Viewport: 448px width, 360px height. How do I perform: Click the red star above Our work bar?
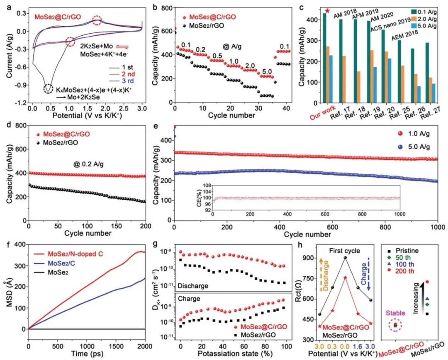pos(328,11)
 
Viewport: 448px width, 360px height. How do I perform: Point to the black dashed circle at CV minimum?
pos(48,88)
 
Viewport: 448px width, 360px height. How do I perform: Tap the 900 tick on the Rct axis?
pos(299,258)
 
